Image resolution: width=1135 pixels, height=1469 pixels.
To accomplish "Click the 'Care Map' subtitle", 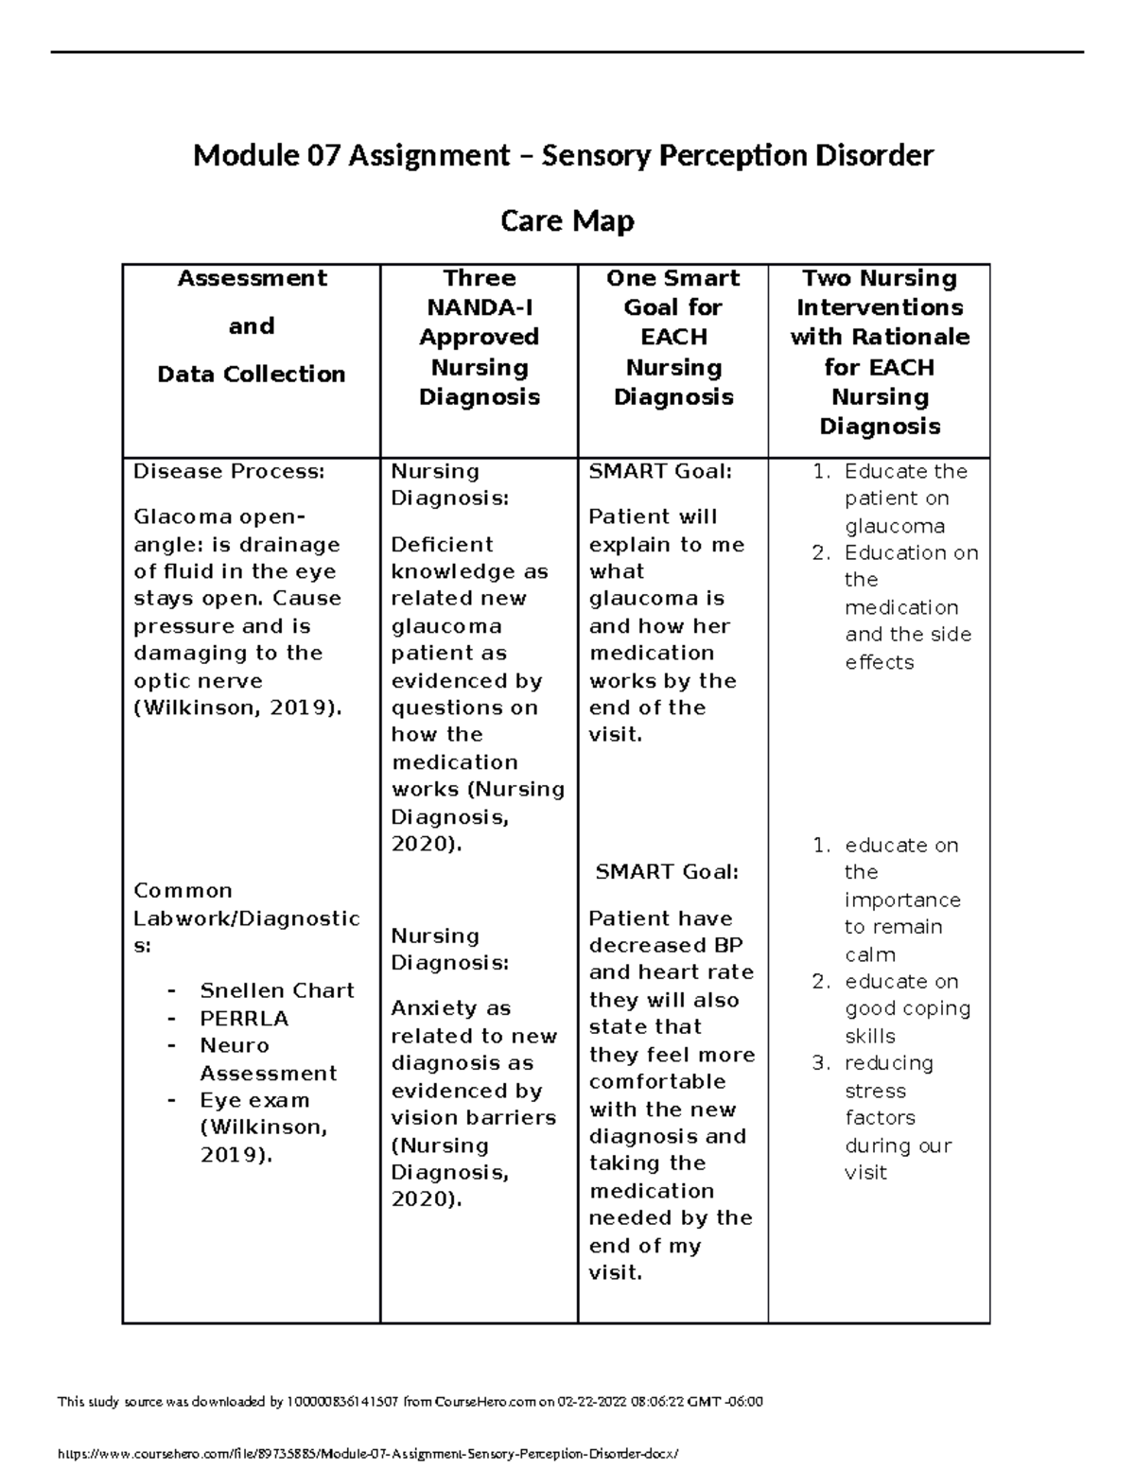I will pyautogui.click(x=567, y=221).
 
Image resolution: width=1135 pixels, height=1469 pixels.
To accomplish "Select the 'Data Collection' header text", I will pyautogui.click(x=251, y=375).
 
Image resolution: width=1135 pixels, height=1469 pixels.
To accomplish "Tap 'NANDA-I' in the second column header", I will pyautogui.click(x=479, y=307).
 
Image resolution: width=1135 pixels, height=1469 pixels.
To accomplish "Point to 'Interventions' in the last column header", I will pyautogui.click(x=879, y=307).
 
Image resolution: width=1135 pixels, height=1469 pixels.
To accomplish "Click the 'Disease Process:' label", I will pyautogui.click(x=228, y=471).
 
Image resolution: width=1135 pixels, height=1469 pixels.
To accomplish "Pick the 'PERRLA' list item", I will pyautogui.click(x=244, y=1019).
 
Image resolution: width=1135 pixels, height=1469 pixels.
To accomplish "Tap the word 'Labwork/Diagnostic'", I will pyautogui.click(x=246, y=918).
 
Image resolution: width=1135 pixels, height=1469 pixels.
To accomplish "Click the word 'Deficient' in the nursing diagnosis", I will pyautogui.click(x=442, y=545).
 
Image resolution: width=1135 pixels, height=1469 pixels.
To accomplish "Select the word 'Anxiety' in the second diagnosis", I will pyautogui.click(x=435, y=1008).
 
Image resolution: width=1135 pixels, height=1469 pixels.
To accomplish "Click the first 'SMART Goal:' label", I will pyautogui.click(x=660, y=471).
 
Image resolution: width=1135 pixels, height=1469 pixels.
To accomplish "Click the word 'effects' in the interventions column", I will pyautogui.click(x=879, y=662).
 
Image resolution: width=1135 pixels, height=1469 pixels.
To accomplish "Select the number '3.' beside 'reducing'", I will pyautogui.click(x=820, y=1063).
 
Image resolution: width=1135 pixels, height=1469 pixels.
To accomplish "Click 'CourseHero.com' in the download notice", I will pyautogui.click(x=483, y=1402).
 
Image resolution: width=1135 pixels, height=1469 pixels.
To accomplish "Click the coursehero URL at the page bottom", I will pyautogui.click(x=368, y=1453).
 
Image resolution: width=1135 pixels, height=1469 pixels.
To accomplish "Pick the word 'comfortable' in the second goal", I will pyautogui.click(x=656, y=1081).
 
